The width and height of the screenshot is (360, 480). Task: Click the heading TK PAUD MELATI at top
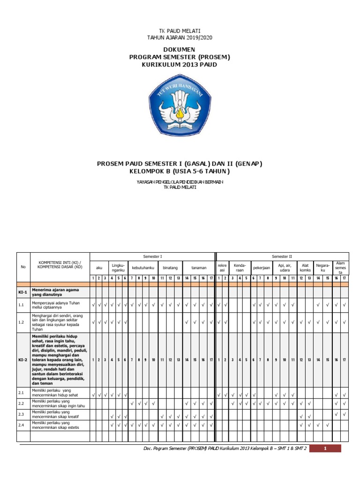coord(180,31)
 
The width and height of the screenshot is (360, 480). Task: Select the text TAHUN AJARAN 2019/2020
coord(180,37)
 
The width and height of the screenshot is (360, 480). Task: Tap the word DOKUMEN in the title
coord(180,50)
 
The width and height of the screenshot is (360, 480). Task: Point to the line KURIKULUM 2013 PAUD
coord(180,64)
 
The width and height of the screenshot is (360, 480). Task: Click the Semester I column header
coord(152,256)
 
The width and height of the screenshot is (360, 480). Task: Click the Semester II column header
coord(282,256)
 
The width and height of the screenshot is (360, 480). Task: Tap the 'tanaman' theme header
coord(199,268)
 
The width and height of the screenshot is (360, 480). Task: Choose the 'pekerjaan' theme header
coord(262,268)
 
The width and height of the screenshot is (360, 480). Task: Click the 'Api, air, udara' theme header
coord(285,268)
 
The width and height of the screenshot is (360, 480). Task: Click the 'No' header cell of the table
coord(23,267)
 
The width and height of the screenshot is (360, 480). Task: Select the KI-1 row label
coord(23,292)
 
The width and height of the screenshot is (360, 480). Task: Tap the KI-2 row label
coord(23,360)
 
